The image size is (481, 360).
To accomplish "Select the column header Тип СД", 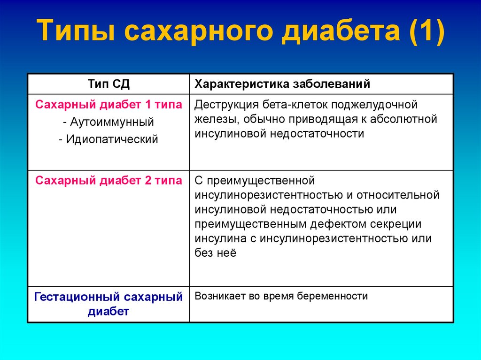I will click(109, 84).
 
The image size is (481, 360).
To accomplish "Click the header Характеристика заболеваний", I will click(282, 84).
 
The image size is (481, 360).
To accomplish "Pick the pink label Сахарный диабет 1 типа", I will click(109, 104).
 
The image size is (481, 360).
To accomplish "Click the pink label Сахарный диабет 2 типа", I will click(109, 181).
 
